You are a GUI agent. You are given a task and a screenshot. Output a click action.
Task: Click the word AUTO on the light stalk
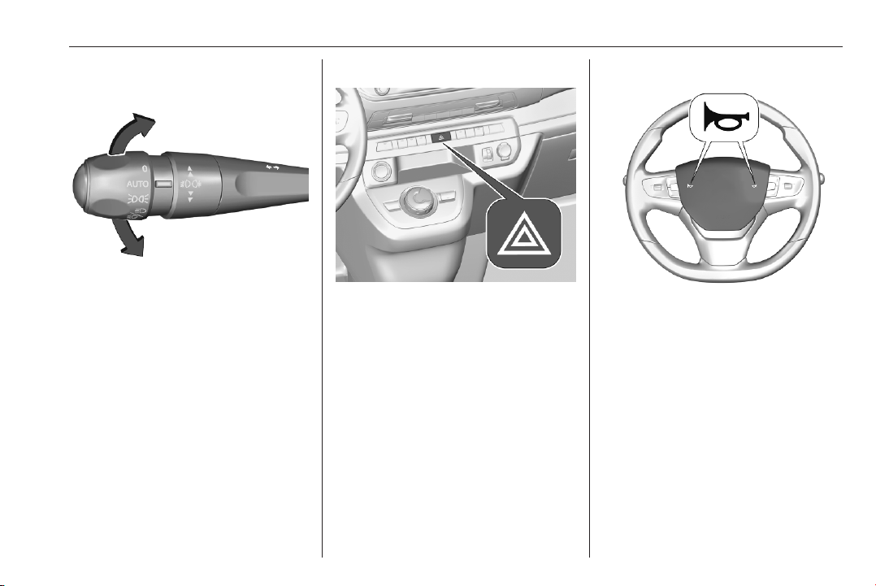coord(137,184)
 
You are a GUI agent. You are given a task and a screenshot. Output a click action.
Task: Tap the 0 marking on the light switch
coord(144,168)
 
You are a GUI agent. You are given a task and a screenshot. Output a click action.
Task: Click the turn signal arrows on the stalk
coord(273,167)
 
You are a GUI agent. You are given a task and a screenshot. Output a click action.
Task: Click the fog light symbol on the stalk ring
coord(190,183)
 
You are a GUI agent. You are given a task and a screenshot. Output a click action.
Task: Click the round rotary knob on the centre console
coord(416,200)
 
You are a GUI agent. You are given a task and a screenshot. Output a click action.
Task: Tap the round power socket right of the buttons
coord(505,150)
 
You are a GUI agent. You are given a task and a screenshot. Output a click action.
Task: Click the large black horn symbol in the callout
coord(725,116)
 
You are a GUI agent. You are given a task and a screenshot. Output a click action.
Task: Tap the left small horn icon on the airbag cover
coord(691,185)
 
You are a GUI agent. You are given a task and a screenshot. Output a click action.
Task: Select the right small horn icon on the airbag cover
coord(753,185)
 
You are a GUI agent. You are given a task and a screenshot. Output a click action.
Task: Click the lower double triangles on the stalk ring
coord(190,195)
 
